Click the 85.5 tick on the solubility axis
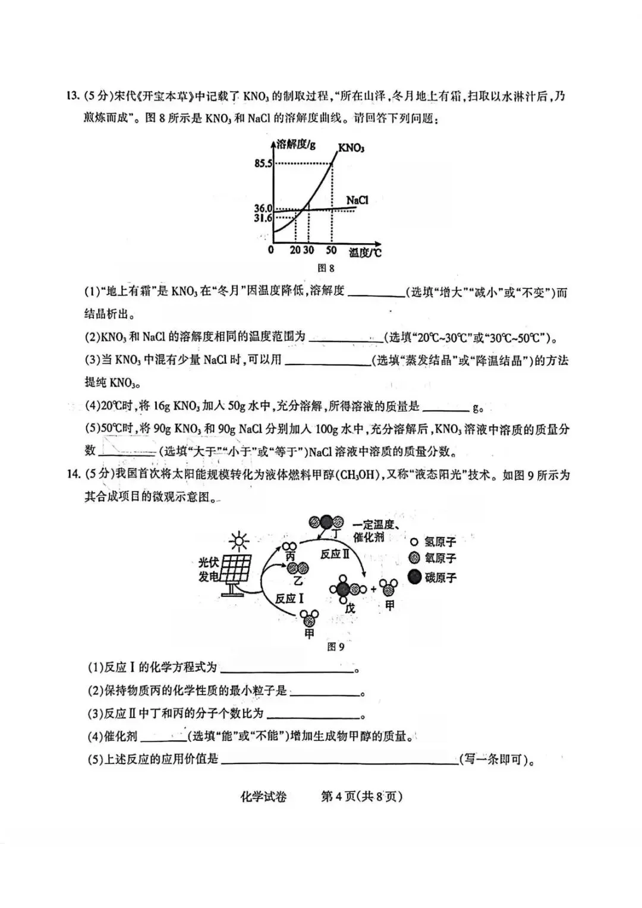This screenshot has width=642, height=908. [262, 163]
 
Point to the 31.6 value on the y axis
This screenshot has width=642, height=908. [262, 218]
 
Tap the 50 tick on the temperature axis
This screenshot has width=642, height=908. [331, 250]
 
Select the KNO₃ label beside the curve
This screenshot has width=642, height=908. [351, 147]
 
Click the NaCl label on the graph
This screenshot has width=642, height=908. [357, 200]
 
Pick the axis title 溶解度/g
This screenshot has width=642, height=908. [295, 144]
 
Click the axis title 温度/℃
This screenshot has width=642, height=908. [365, 253]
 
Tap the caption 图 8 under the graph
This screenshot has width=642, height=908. [326, 268]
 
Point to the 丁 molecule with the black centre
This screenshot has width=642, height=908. [326, 522]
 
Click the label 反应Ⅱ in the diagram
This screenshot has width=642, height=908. [334, 554]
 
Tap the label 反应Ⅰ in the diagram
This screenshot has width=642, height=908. [289, 598]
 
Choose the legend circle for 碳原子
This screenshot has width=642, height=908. [414, 577]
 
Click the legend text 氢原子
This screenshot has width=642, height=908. [440, 542]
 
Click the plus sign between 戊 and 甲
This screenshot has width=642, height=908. [373, 589]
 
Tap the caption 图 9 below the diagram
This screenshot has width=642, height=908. [336, 647]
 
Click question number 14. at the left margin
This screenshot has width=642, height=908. [73, 474]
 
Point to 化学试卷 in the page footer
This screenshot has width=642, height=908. [263, 796]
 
